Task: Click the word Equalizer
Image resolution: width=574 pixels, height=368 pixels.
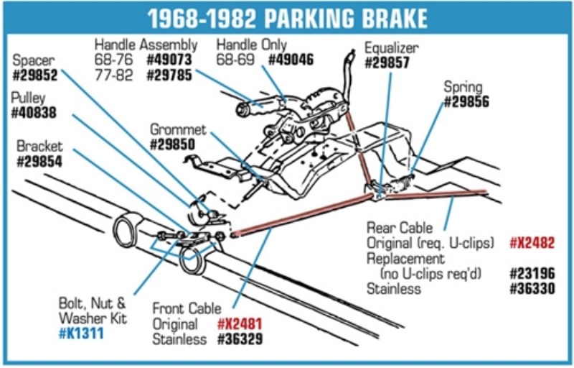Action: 391,48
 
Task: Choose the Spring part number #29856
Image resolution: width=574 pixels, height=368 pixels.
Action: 469,102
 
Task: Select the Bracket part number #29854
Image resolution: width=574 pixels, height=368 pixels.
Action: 39,162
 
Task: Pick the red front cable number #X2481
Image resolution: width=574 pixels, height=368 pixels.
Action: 240,324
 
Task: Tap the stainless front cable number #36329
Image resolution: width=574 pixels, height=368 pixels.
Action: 240,339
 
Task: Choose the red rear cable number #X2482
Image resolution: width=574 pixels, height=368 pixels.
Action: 532,242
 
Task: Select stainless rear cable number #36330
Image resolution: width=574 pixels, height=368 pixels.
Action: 532,289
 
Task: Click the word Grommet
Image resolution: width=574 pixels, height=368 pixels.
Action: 178,130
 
